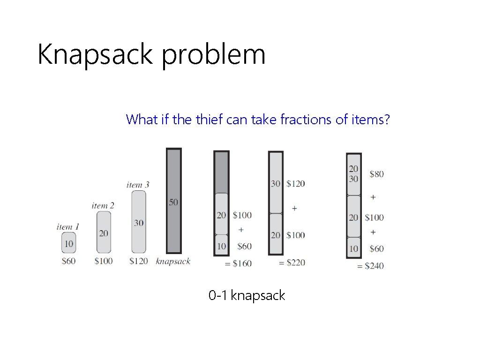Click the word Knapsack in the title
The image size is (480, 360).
point(95,55)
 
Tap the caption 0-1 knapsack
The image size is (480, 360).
point(247,296)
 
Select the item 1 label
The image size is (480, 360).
point(68,227)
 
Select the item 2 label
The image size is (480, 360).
point(103,205)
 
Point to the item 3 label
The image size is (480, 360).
point(138,185)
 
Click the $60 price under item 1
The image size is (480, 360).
point(68,261)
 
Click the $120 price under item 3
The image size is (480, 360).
point(138,261)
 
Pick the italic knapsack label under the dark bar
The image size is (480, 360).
point(173,261)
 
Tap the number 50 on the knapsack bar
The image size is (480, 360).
point(174,202)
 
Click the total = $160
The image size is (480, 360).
point(238,263)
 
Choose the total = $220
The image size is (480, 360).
point(292,263)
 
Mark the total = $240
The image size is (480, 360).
point(370,266)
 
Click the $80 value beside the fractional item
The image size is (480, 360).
point(376,174)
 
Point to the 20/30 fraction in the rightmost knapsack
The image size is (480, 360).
point(353,174)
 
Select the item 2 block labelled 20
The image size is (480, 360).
point(103,233)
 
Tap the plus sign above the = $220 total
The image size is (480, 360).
point(294,208)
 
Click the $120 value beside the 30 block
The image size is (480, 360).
point(295,183)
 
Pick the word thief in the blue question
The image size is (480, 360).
point(206,120)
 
